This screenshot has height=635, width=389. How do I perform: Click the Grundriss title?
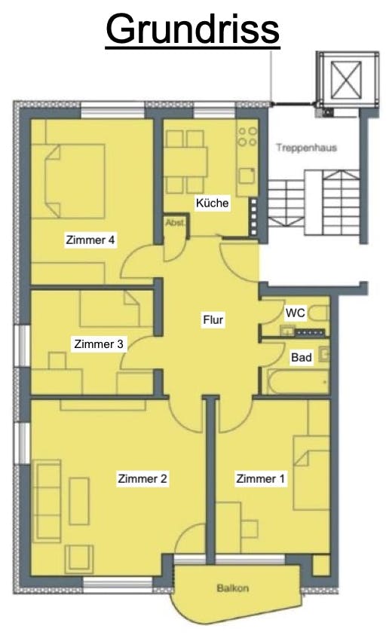(x=192, y=29)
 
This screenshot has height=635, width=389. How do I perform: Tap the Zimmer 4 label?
(x=90, y=240)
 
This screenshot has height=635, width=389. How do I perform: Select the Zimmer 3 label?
(x=99, y=344)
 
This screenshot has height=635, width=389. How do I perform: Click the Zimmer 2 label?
(x=142, y=478)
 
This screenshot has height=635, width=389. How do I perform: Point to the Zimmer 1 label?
(x=261, y=478)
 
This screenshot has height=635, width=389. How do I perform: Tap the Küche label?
(x=213, y=203)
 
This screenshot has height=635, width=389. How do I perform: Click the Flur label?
(x=213, y=320)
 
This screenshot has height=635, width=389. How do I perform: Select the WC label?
(x=296, y=313)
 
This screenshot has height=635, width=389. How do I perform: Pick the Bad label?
(x=302, y=358)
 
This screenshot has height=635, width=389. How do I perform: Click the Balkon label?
(x=233, y=588)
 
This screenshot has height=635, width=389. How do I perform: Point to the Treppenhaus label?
(x=307, y=148)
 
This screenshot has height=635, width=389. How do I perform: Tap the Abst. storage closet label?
(x=176, y=223)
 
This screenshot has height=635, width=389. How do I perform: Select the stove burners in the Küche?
(x=247, y=136)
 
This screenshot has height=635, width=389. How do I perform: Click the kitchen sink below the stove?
(x=247, y=176)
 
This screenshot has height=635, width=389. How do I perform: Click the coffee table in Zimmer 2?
(x=79, y=501)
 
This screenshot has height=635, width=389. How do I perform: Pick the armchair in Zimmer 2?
(x=79, y=559)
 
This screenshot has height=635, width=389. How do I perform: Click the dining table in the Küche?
(x=185, y=162)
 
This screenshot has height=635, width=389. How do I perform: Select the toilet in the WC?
(x=320, y=314)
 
